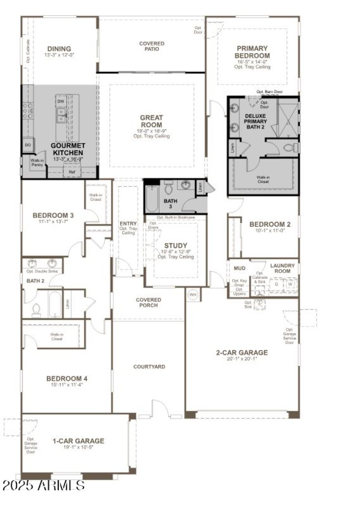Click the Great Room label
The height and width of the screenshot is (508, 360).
(151, 121)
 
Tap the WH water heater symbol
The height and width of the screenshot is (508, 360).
(193, 294)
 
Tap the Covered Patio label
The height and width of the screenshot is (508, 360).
(152, 46)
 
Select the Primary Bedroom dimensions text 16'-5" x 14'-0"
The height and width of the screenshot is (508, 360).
(252, 62)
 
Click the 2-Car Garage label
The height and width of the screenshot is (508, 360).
(242, 353)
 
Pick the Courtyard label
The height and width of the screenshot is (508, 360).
(149, 367)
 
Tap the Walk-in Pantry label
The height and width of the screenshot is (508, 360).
(36, 163)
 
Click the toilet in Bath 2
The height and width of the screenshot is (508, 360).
(36, 310)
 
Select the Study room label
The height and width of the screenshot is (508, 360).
(175, 245)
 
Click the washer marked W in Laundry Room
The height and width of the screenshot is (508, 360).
(290, 285)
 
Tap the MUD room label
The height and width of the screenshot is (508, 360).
(239, 268)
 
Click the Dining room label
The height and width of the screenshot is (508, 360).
(59, 49)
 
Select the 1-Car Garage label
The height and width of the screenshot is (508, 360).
(78, 441)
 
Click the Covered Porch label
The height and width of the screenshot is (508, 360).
(148, 302)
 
